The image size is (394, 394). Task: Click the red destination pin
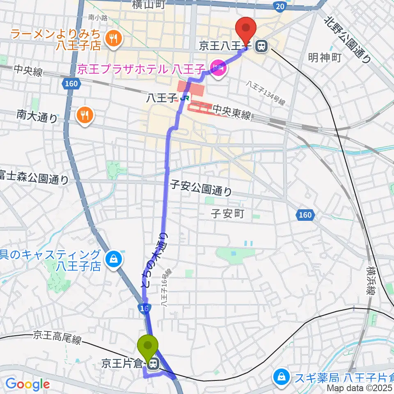[246, 29]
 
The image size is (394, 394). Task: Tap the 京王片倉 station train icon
[153, 363]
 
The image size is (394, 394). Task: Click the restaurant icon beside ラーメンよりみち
[112, 39]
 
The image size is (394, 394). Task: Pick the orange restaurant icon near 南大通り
[85, 115]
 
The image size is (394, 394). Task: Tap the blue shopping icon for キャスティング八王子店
[112, 259]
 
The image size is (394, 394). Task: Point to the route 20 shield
[279, 6]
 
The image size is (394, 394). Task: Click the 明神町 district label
[325, 58]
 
